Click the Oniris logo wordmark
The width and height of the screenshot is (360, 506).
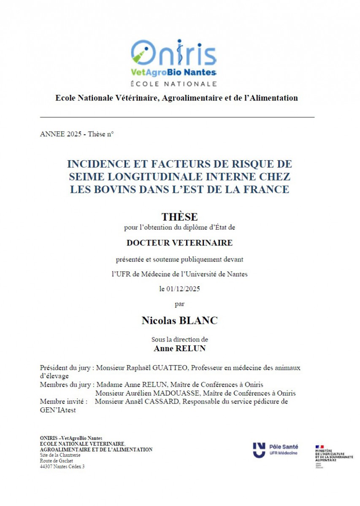pyautogui.click(x=173, y=54)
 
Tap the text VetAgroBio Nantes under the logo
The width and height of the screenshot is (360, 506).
pyautogui.click(x=173, y=73)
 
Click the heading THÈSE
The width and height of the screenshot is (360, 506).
pyautogui.click(x=179, y=217)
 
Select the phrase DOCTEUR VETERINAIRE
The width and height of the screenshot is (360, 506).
pyautogui.click(x=179, y=243)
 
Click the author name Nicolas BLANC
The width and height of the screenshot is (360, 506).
pyautogui.click(x=179, y=320)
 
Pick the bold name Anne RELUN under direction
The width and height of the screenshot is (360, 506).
pyautogui.click(x=179, y=349)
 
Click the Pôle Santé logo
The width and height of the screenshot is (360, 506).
pyautogui.click(x=275, y=449)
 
